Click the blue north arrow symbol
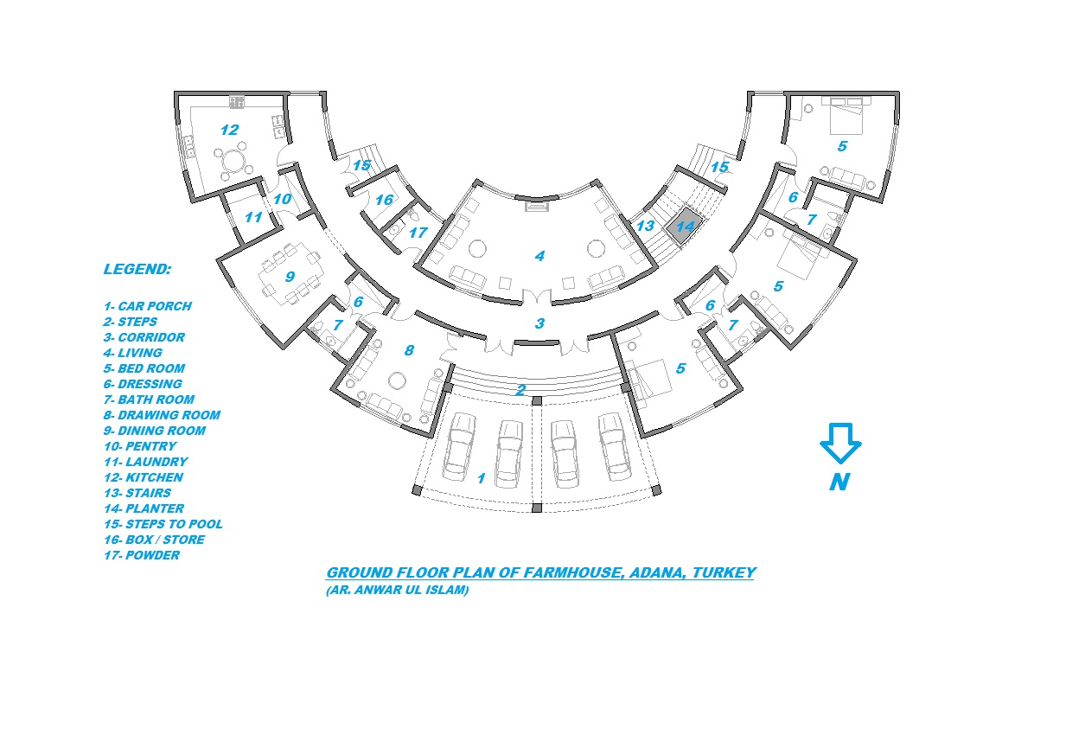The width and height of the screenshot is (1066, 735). pos(840,442)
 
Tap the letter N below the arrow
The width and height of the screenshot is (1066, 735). pos(839,483)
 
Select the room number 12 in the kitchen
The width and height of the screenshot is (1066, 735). pos(229,130)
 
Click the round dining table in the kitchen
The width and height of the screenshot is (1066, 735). pos(233,162)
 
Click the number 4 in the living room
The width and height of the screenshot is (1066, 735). pos(539,256)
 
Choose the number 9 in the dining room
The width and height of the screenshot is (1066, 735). pos(290,277)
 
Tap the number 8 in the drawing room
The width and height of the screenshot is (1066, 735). pos(409,350)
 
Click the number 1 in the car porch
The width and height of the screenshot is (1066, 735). pos(482,478)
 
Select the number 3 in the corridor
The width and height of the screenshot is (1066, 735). pos(539,323)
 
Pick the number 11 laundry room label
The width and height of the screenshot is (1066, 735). pos(252,217)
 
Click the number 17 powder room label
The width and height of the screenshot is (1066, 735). pos(418,232)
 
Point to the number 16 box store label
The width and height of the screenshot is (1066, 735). pos(384,200)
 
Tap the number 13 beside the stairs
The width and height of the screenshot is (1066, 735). pos(645,227)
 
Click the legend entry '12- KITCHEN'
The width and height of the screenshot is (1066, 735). pos(143,477)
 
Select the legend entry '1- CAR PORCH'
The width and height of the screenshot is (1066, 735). pos(147,306)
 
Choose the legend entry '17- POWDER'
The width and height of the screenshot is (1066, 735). pos(141,555)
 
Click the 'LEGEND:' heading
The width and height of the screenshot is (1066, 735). pos(137,269)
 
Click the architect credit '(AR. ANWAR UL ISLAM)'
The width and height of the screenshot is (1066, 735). pos(397,591)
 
